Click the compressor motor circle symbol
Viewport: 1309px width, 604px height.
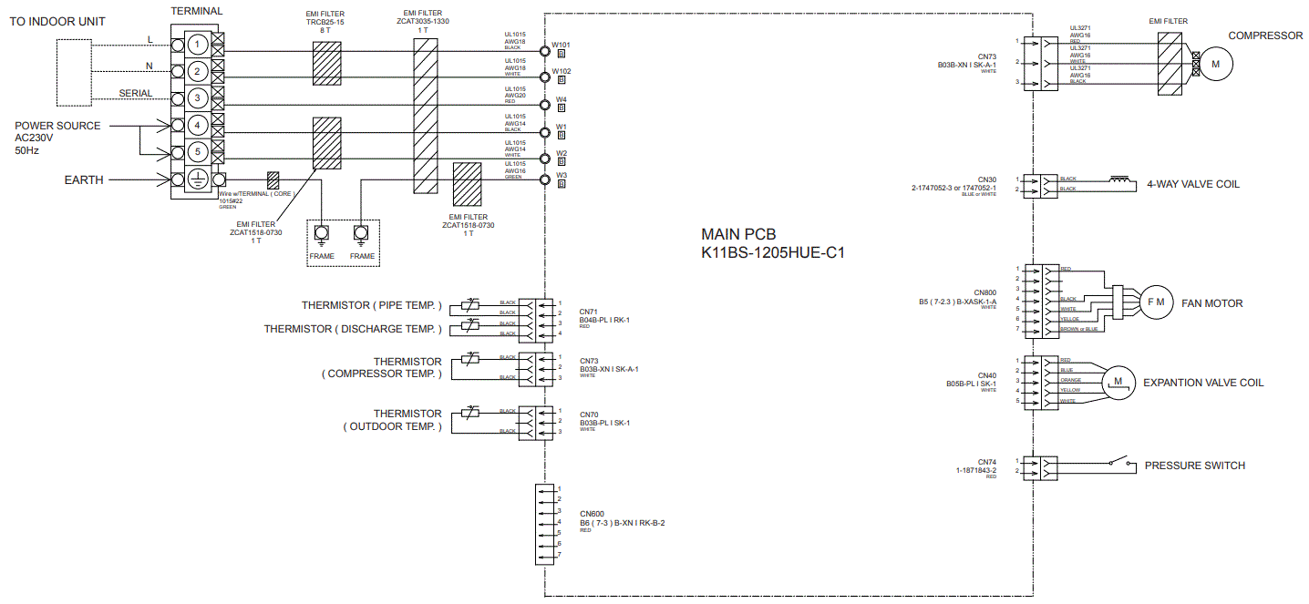(1215, 64)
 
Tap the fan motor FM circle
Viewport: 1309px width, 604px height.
(1155, 303)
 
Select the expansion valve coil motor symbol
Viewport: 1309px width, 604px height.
(1118, 380)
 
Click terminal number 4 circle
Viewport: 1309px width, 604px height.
(200, 125)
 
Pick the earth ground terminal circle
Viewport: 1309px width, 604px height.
(200, 179)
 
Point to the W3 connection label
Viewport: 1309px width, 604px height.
(562, 174)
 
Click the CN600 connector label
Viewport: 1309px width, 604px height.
(592, 514)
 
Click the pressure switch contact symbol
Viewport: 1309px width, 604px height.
(1118, 463)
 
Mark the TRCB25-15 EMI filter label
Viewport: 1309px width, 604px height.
(325, 24)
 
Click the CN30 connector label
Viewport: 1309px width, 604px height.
(987, 179)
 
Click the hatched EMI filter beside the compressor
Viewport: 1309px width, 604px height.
(1170, 61)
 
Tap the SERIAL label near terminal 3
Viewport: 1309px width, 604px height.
(136, 94)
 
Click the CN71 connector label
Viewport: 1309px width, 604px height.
(588, 312)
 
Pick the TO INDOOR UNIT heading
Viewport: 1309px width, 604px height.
(57, 21)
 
